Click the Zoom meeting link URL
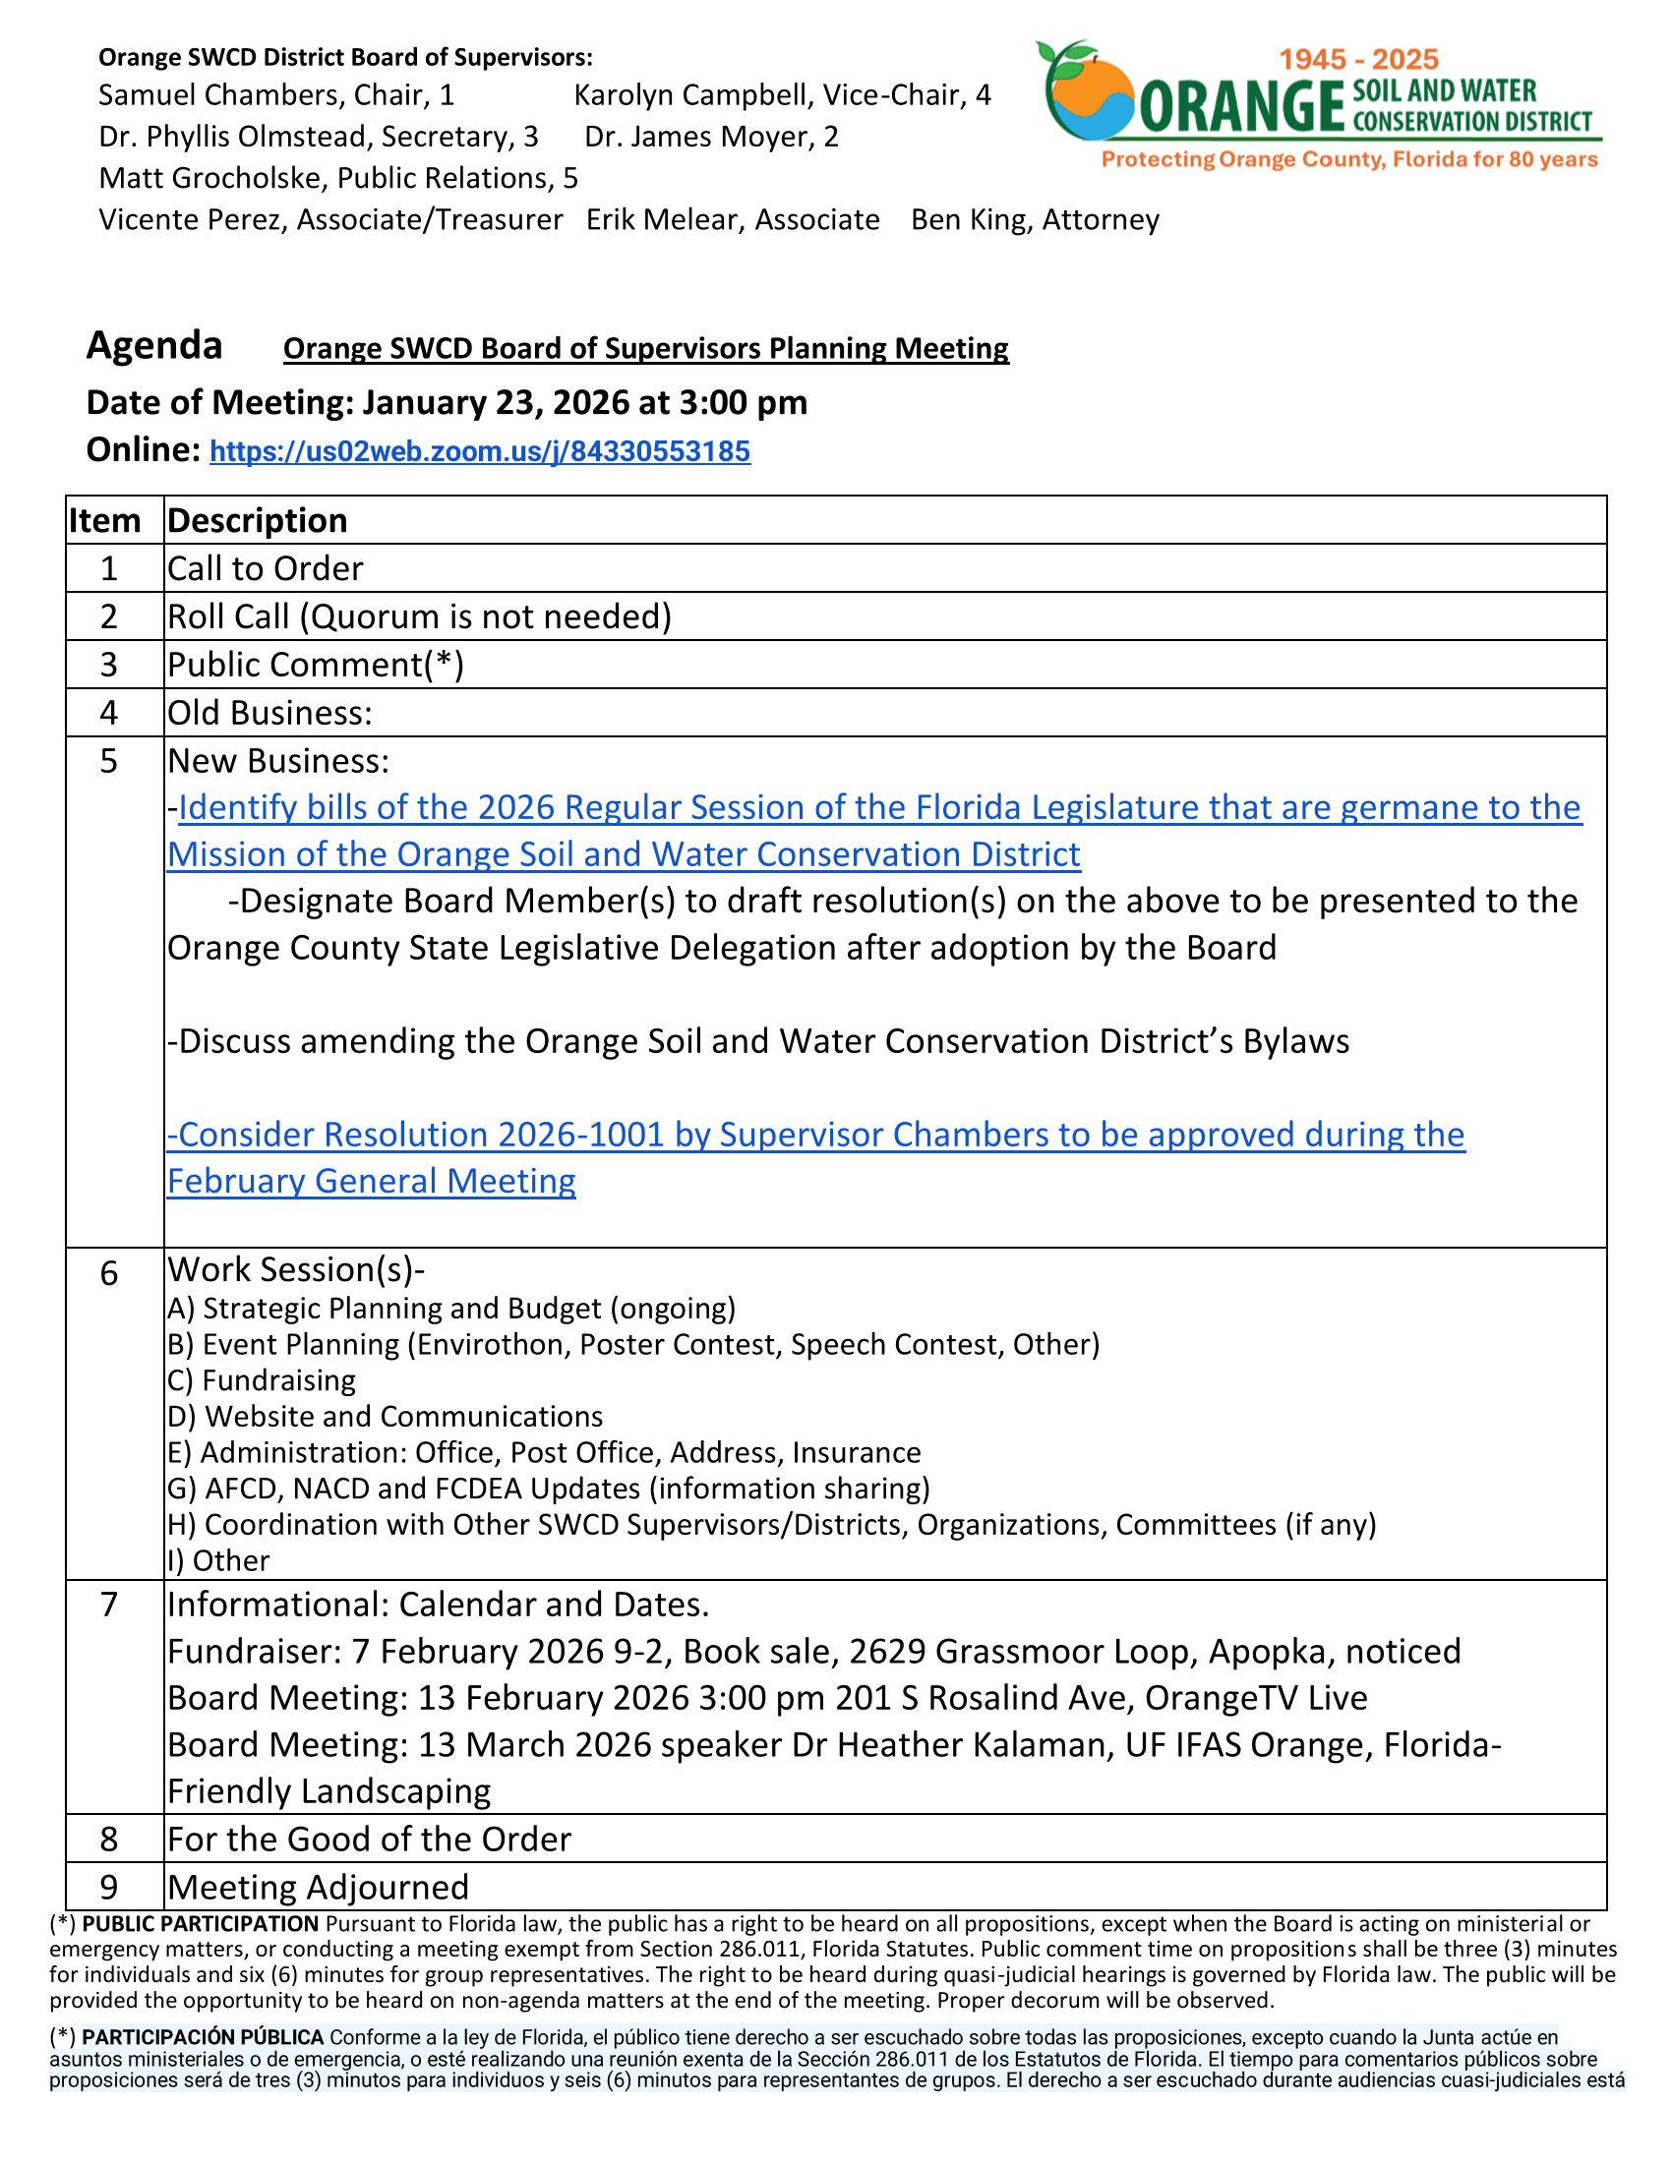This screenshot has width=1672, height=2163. pyautogui.click(x=479, y=451)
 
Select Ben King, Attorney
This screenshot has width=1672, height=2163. pyautogui.click(x=1034, y=220)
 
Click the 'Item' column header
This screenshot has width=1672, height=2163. pyautogui.click(x=104, y=521)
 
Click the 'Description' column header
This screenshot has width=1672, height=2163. pyautogui.click(x=258, y=521)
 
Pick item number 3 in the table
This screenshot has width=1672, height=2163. pyautogui.click(x=109, y=665)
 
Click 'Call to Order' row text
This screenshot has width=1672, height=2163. pyautogui.click(x=265, y=568)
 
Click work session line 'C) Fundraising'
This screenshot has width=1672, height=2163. pyautogui.click(x=262, y=1380)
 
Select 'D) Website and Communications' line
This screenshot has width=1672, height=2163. pyautogui.click(x=385, y=1416)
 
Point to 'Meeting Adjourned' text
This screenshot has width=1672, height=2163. pyautogui.click(x=317, y=1888)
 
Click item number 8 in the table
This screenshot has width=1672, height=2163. pyautogui.click(x=109, y=1840)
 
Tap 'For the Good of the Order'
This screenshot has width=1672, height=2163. pyautogui.click(x=369, y=1840)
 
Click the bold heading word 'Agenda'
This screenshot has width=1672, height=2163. pyautogui.click(x=154, y=346)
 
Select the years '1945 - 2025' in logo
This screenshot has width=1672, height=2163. pyautogui.click(x=1358, y=59)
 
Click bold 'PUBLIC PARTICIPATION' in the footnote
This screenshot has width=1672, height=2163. pyautogui.click(x=200, y=1924)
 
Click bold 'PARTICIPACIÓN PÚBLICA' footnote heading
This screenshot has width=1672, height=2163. pyautogui.click(x=203, y=2037)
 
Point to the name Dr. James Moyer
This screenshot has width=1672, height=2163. pyautogui.click(x=711, y=137)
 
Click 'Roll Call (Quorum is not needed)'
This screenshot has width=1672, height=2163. pyautogui.click(x=419, y=616)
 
